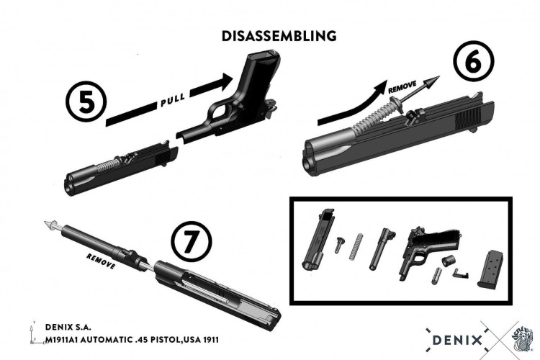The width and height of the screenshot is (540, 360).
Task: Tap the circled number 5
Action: [85, 102]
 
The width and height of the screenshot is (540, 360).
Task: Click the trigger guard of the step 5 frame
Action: [220, 114]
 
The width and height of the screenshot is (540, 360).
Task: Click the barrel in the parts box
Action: [382, 248]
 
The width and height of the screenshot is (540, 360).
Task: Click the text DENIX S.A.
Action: [68, 326]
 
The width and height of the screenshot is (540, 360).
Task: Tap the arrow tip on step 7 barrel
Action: [48, 225]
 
